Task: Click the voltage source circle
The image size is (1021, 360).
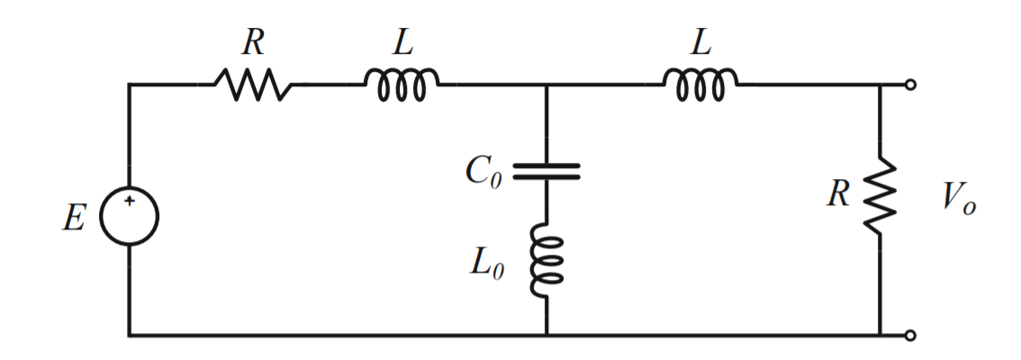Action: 129,216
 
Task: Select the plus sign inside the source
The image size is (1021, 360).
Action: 129,202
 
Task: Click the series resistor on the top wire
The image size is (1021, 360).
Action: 252,85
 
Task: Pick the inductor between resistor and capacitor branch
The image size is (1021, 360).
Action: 402,83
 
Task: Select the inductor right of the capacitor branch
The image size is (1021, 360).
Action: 700,83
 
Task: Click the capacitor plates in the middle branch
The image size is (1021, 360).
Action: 547,171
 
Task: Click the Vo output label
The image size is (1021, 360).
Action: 957,200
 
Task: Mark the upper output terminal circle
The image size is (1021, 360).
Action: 910,85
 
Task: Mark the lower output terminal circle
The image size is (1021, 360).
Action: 910,336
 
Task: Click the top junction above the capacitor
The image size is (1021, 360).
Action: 547,85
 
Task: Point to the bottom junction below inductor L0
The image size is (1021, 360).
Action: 547,336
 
